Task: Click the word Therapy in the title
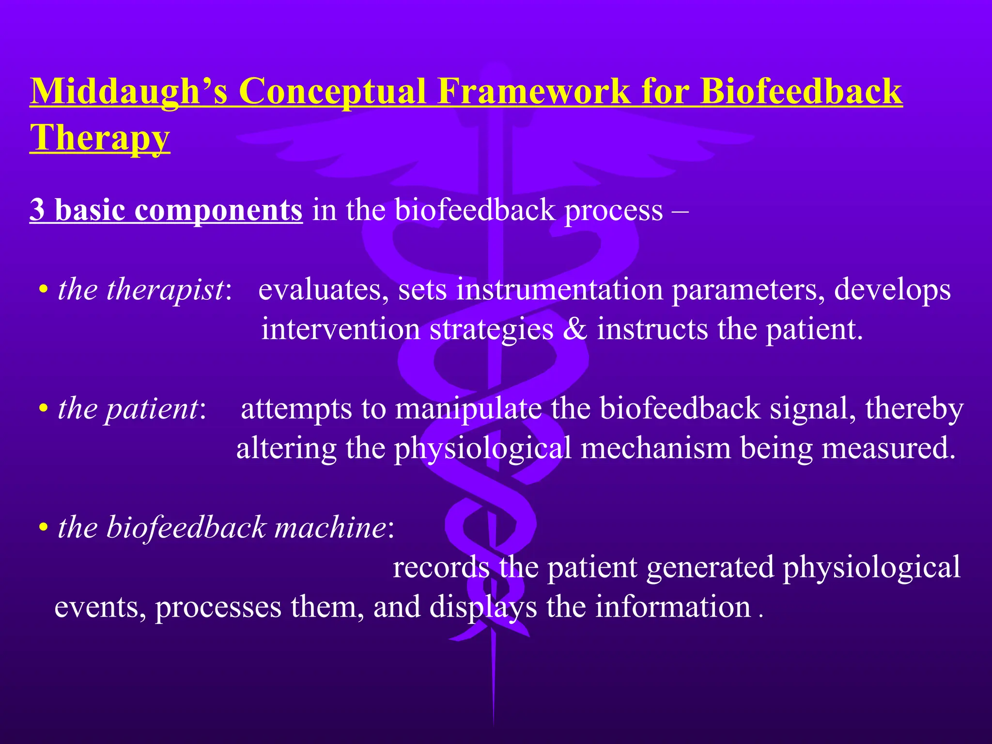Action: pyautogui.click(x=100, y=138)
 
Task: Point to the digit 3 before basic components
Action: pyautogui.click(x=37, y=210)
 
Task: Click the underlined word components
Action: pyautogui.click(x=218, y=210)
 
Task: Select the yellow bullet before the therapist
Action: pyautogui.click(x=44, y=291)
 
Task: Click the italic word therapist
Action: pyautogui.click(x=165, y=290)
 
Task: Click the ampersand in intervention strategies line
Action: pyautogui.click(x=575, y=329)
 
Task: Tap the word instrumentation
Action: pyautogui.click(x=559, y=290)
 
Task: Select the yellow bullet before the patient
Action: pyautogui.click(x=44, y=410)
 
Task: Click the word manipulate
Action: pyautogui.click(x=468, y=409)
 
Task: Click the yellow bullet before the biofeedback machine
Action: pyautogui.click(x=44, y=528)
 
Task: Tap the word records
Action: pyautogui.click(x=441, y=567)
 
